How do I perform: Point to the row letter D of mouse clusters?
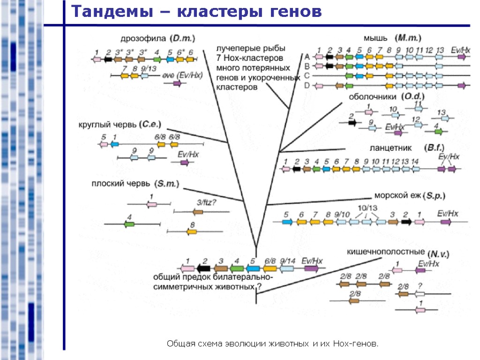tap(307, 85)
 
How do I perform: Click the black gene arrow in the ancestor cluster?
tap(203, 269)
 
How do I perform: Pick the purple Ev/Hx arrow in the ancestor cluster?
tap(311, 269)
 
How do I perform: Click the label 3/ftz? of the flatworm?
tap(206, 202)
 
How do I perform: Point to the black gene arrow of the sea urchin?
tap(406, 222)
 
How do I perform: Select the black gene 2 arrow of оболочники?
tap(352, 122)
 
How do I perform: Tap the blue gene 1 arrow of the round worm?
tap(114, 144)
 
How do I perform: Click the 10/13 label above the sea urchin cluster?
tap(367, 208)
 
